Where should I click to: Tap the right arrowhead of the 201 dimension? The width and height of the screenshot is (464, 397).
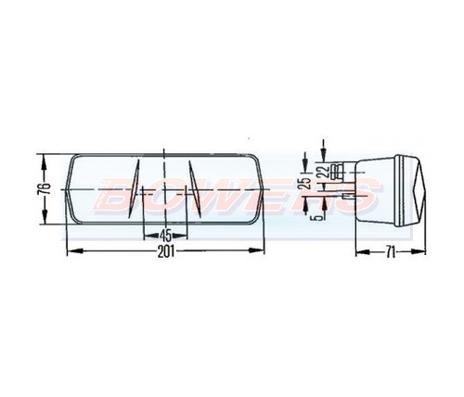[260, 251]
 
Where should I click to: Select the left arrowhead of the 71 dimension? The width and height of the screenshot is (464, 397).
[358, 251]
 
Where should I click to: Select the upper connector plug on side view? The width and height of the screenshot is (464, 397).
[347, 171]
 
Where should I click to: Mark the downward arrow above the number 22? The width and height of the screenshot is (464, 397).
[322, 149]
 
